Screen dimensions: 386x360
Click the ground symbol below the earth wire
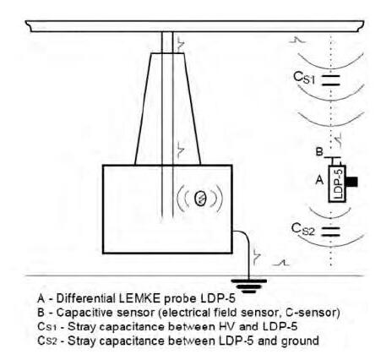[248, 286]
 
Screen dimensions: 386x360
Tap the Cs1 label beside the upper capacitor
[304, 78]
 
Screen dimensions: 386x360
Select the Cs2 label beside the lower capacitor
[302, 229]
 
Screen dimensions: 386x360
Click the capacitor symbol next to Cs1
[330, 80]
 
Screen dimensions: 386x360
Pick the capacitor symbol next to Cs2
[330, 232]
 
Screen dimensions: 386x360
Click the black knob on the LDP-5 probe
[351, 182]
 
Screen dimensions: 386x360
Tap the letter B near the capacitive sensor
[319, 152]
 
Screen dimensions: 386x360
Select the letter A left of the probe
[319, 179]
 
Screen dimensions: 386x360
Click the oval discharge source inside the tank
[200, 198]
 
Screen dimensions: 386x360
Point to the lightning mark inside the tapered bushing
[181, 150]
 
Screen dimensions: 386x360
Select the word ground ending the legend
[300, 341]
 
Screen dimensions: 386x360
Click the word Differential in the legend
[86, 298]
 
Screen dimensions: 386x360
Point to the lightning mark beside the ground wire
[257, 257]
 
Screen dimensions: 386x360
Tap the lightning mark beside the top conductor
[181, 44]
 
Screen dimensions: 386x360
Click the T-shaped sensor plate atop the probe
[333, 161]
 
